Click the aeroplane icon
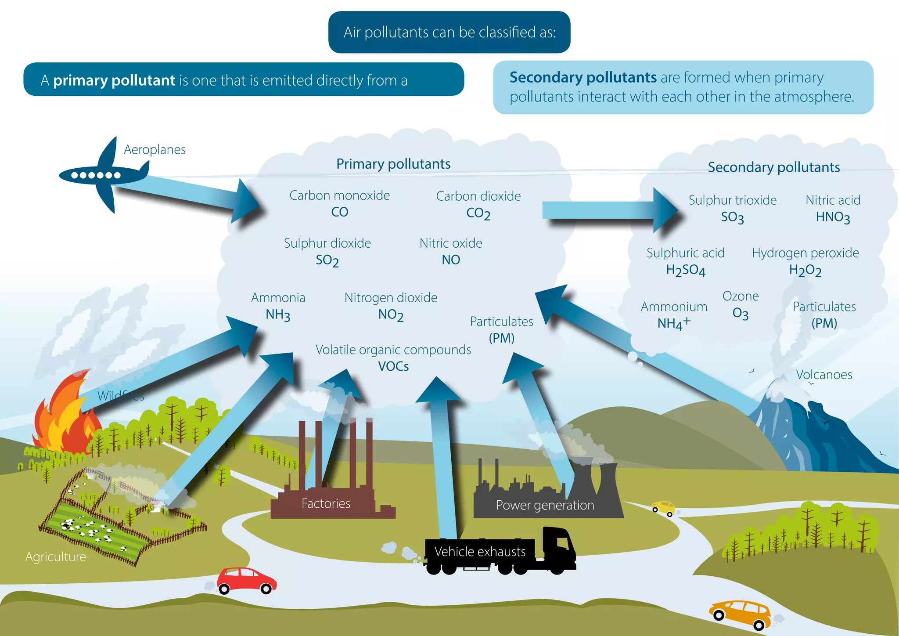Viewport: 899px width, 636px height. click(103, 175)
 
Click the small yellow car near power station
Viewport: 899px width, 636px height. click(663, 507)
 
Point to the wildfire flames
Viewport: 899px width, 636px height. click(66, 419)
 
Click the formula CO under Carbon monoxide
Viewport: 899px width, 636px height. click(339, 212)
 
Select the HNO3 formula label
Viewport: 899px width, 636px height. click(833, 217)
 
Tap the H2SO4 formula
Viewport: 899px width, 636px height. click(685, 270)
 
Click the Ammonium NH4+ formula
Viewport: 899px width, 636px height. click(673, 324)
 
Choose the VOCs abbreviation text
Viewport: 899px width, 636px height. click(393, 366)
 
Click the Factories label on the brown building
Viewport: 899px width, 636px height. click(326, 503)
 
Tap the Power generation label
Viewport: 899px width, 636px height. click(545, 505)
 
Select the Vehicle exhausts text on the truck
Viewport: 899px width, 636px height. click(480, 552)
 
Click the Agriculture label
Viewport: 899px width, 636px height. click(56, 557)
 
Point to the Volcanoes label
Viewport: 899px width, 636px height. click(824, 375)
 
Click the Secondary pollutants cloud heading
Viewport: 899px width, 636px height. click(773, 167)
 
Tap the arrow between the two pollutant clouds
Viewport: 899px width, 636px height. click(610, 210)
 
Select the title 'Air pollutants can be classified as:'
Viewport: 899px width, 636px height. click(449, 33)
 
